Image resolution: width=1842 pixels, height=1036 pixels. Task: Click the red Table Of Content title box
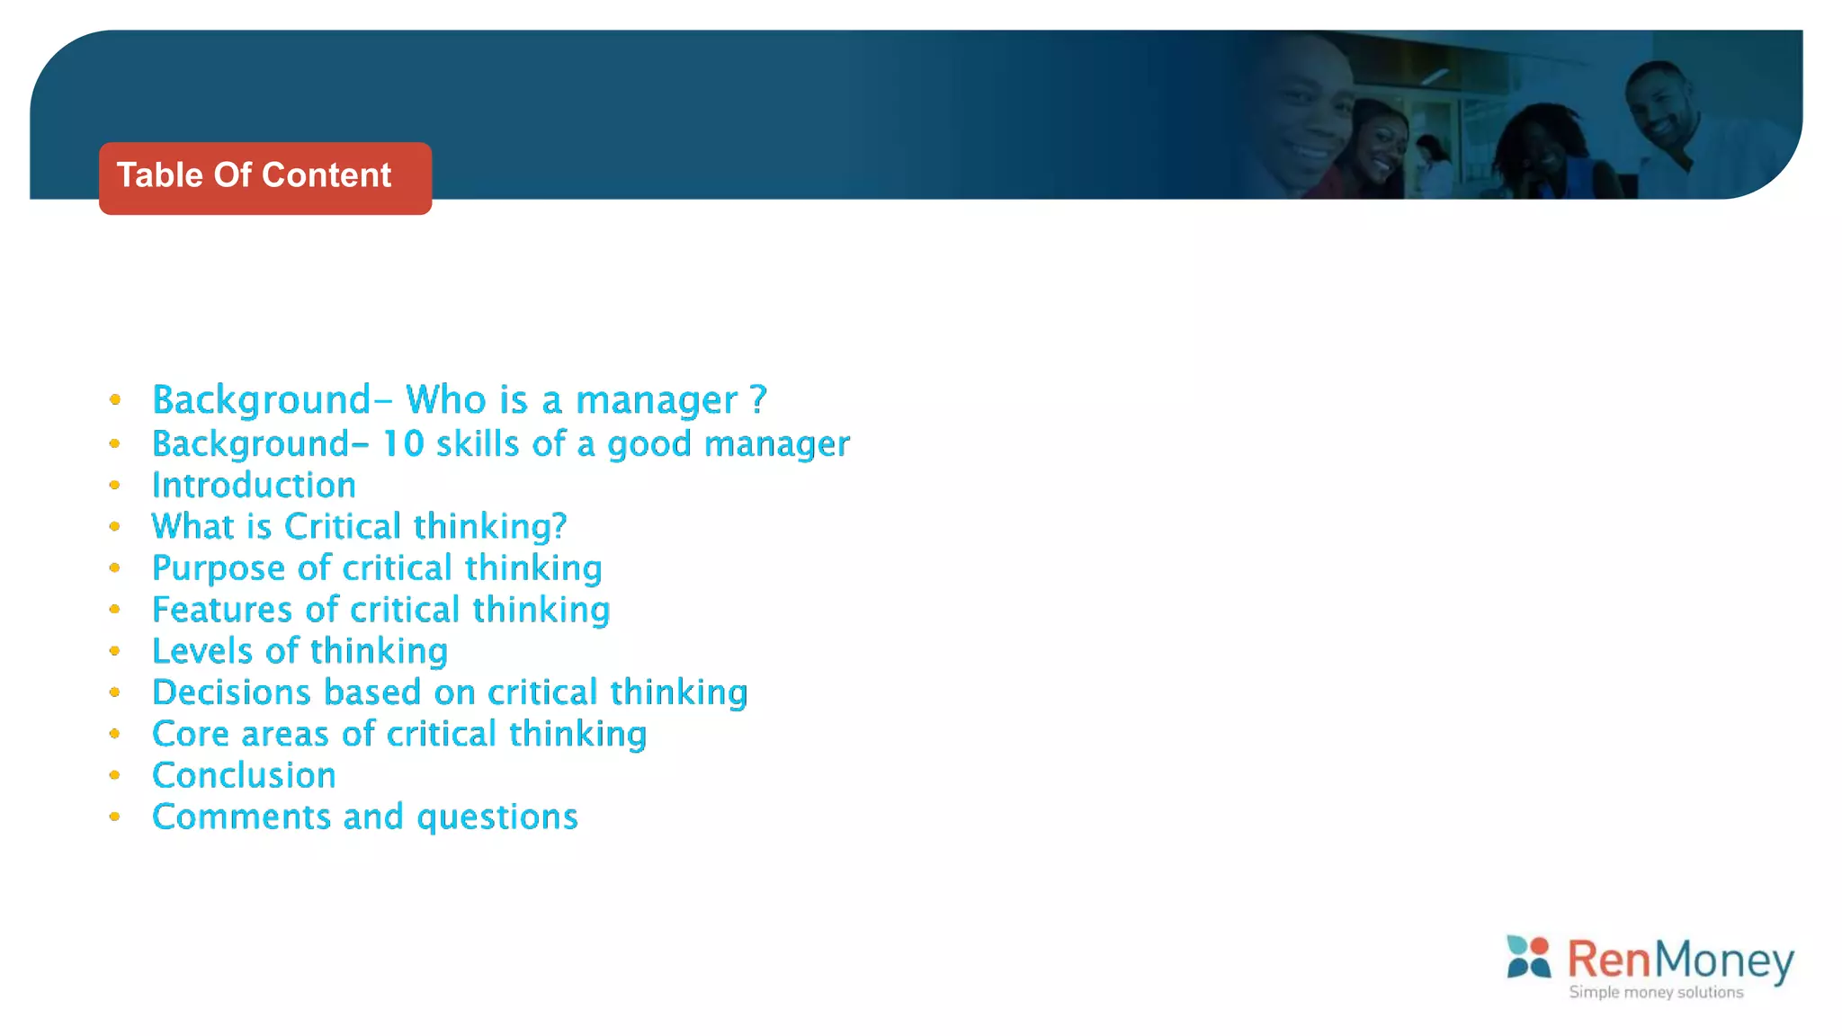coord(264,178)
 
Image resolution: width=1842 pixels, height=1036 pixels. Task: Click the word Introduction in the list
coord(254,486)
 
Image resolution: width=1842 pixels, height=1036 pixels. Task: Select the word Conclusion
coord(244,775)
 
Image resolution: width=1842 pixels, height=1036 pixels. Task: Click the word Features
coord(222,610)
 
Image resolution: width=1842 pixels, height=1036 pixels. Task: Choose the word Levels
coord(202,651)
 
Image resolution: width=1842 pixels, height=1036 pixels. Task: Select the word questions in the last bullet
coord(497,817)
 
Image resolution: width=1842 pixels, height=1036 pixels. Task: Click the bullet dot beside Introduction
coord(115,486)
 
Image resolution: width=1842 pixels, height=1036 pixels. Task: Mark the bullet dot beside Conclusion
coord(115,775)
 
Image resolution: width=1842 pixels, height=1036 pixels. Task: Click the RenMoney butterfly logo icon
coord(1528,956)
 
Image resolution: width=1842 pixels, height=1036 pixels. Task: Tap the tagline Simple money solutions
coord(1656,992)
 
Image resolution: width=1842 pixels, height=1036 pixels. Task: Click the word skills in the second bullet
coord(478,444)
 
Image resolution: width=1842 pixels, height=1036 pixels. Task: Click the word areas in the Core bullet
coord(285,735)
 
